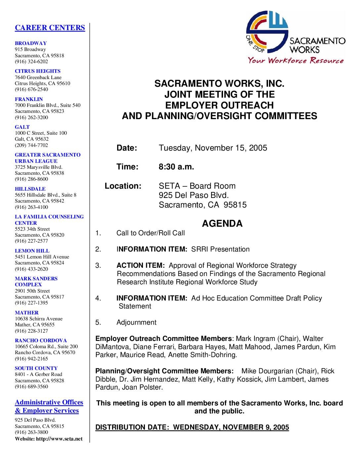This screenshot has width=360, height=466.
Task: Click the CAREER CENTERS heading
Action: click(x=50, y=28)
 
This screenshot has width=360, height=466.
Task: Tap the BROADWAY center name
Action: click(x=31, y=43)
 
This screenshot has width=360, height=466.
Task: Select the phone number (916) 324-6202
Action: click(x=31, y=62)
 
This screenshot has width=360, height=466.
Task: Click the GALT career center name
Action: click(x=22, y=127)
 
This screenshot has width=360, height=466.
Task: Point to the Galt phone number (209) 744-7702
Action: click(x=31, y=145)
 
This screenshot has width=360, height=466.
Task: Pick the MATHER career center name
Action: click(x=26, y=313)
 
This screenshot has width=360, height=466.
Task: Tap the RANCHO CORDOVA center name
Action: click(x=41, y=341)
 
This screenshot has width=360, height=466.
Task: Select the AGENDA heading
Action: click(x=222, y=224)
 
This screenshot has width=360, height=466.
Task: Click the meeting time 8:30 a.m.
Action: click(x=176, y=167)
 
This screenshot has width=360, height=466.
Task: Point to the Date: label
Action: click(x=127, y=148)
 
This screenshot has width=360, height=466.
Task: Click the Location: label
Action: click(x=123, y=186)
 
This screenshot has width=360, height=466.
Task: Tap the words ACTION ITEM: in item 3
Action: click(x=141, y=266)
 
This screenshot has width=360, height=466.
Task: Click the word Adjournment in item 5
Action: click(x=136, y=322)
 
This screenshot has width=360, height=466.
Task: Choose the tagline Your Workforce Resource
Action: click(x=296, y=61)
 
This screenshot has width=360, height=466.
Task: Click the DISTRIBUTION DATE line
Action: click(x=192, y=427)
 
